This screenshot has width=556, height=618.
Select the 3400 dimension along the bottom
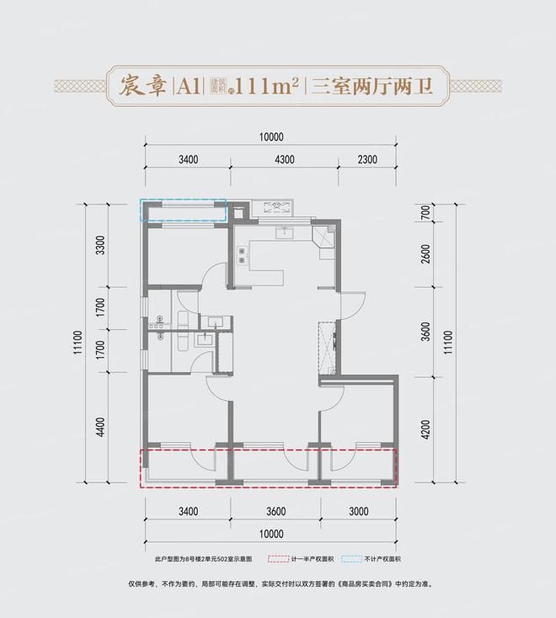187,511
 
